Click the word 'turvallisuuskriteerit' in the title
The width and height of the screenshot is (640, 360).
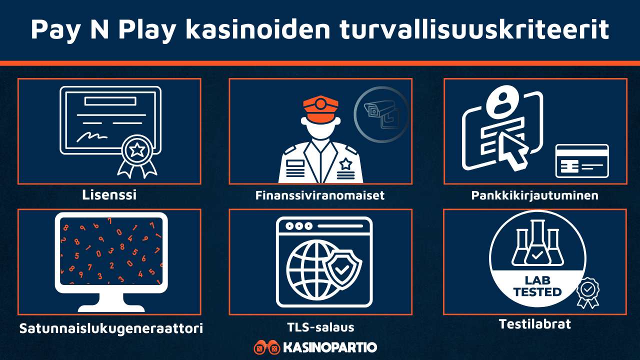coord(474,29)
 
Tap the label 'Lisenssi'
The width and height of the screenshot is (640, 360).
coord(109,195)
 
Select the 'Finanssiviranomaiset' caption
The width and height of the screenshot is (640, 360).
coord(320,195)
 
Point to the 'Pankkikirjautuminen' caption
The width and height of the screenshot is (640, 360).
coord(534,195)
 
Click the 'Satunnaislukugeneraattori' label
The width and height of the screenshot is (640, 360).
coord(111,328)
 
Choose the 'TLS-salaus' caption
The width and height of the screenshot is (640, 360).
coord(320,327)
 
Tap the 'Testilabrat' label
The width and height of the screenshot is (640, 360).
coord(534,324)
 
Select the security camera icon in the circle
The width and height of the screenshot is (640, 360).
coord(380,115)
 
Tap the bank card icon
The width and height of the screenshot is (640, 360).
coord(582,161)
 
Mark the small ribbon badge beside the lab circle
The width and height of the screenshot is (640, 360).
coord(588,292)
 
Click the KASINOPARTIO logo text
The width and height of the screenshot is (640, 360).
coord(329,347)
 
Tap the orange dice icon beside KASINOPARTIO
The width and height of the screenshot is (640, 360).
coord(266,347)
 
